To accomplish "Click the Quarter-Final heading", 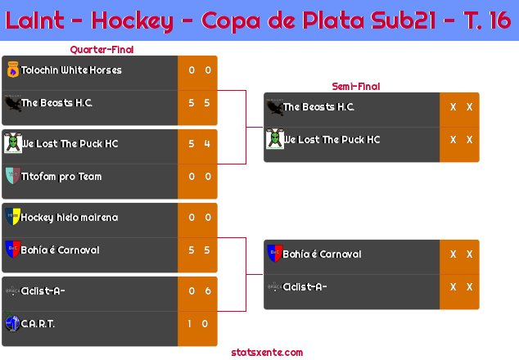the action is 102,50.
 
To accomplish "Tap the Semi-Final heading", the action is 356,87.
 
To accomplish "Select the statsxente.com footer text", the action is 267,353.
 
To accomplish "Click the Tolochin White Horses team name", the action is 71,70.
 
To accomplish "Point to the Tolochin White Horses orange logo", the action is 13,70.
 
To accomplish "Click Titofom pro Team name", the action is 61,177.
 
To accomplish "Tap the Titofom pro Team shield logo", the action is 13,175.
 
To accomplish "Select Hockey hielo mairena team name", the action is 70,218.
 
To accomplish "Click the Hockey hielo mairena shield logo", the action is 13,216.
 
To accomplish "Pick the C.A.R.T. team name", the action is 38,324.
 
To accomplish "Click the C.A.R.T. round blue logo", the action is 12,322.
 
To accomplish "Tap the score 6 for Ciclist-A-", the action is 208,290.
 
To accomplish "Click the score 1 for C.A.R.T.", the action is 189,324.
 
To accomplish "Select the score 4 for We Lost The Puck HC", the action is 207,144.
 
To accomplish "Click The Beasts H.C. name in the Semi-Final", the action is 318,107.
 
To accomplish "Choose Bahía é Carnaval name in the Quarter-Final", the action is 60,250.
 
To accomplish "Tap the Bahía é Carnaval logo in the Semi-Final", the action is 275,253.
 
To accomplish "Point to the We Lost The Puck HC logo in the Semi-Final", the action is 275,138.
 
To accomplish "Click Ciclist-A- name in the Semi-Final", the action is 305,287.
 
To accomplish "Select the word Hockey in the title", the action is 132,20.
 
